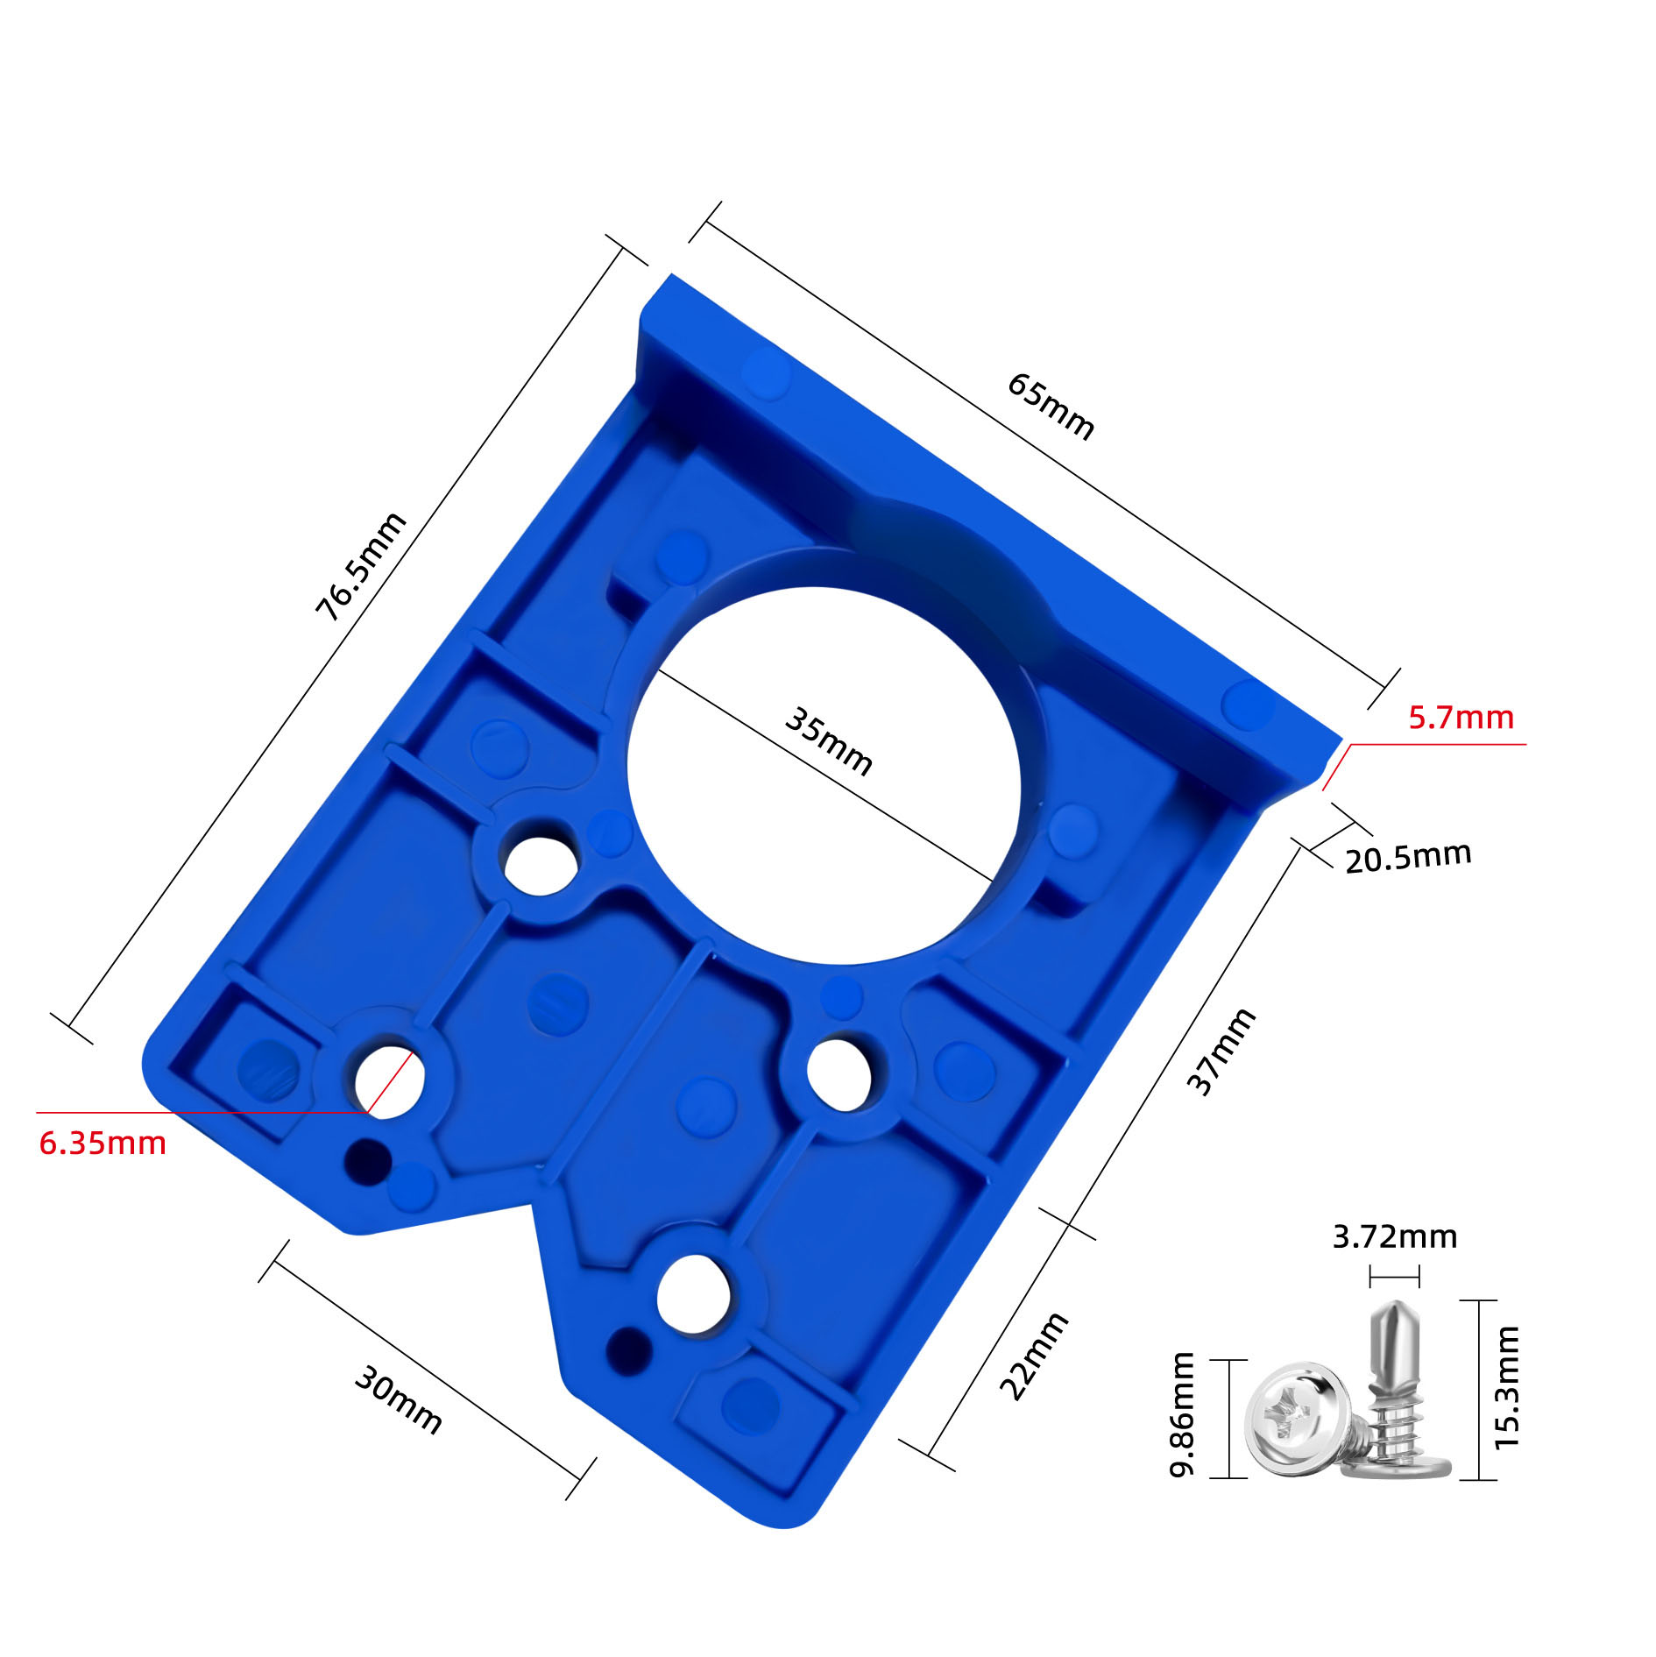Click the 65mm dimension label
[1050, 406]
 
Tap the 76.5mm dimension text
[361, 566]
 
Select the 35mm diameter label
[827, 741]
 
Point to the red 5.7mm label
[1461, 718]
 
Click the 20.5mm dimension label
[1407, 856]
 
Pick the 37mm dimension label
[1221, 1051]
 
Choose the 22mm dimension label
[1034, 1356]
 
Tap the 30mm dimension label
[398, 1400]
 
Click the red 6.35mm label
[103, 1144]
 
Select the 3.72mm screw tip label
[1395, 1236]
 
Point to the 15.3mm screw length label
[1507, 1388]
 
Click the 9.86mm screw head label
[1183, 1414]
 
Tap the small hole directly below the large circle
[838, 1073]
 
